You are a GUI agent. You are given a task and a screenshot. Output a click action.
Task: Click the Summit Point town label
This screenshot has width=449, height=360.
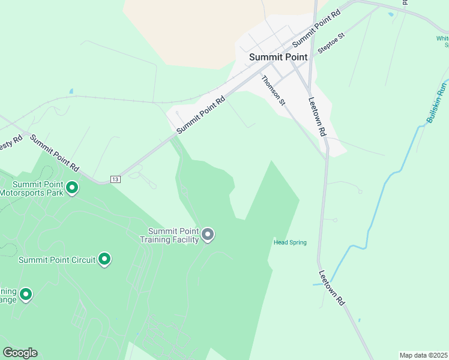[278, 57]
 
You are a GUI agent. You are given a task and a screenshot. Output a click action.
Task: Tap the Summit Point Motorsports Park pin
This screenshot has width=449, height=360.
[72, 188]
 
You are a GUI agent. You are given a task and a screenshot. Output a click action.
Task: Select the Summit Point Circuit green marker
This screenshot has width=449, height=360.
[104, 259]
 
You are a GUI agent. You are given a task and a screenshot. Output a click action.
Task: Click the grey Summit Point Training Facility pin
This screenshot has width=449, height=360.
[208, 234]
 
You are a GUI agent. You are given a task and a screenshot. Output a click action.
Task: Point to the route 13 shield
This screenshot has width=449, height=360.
[116, 179]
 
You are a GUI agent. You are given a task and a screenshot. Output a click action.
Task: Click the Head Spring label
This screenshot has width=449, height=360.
[290, 242]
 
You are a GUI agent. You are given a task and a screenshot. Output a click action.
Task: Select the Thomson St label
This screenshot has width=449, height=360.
[273, 91]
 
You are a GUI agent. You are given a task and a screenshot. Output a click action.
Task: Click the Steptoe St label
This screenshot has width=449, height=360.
[331, 44]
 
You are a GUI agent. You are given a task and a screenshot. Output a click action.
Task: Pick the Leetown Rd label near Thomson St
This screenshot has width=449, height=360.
[317, 116]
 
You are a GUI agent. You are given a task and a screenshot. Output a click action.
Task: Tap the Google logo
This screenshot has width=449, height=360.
[20, 353]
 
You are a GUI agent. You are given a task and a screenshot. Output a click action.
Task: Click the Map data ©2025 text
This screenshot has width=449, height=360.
[423, 355]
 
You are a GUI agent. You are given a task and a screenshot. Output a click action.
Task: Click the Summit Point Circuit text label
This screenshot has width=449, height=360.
[57, 260]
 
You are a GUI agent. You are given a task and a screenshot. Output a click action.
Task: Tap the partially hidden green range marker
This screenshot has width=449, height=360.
[25, 294]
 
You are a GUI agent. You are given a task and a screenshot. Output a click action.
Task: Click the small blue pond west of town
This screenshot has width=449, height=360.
[71, 91]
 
